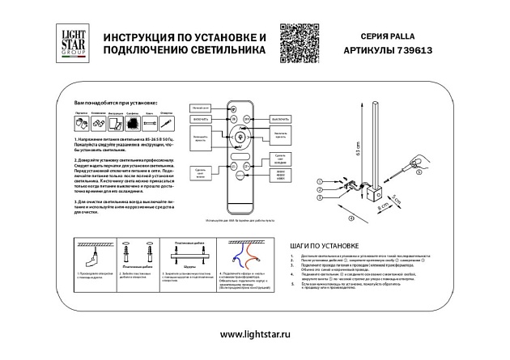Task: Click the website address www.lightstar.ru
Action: pos(255,333)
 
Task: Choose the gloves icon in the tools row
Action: pos(81,122)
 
